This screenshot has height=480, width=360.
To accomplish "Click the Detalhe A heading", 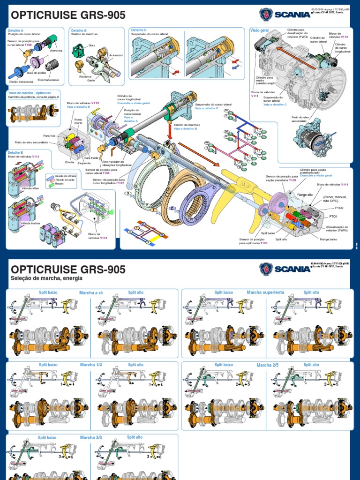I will [x=15, y=30].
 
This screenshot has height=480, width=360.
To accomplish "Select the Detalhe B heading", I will [x=78, y=30].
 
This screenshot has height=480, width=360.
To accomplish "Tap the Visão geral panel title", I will [x=261, y=30].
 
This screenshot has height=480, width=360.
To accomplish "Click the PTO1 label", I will [x=333, y=217].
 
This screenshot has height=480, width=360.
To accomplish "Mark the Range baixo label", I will [x=328, y=240].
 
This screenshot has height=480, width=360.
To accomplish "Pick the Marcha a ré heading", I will [x=91, y=293].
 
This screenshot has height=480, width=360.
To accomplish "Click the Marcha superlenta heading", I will [x=265, y=292].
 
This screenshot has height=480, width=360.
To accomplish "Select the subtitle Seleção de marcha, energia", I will [x=46, y=278].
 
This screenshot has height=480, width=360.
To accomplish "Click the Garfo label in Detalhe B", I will [x=90, y=80].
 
